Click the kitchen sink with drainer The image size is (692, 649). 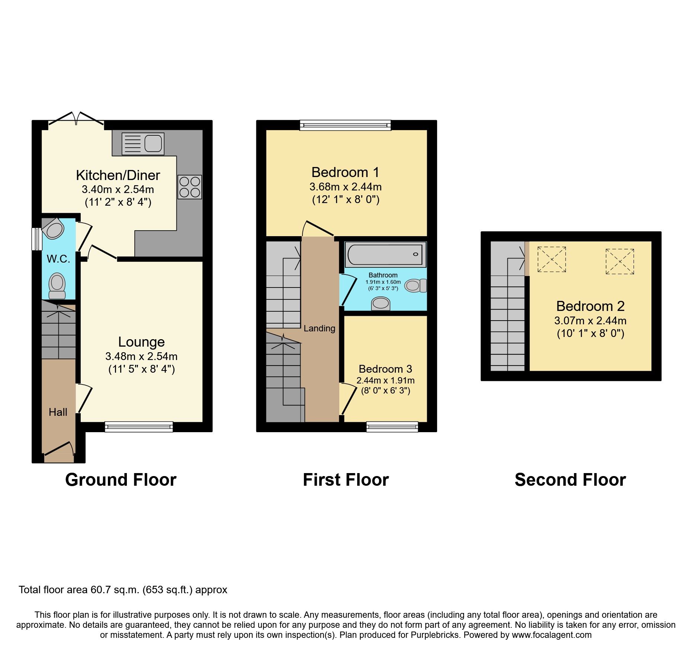pos(143,144)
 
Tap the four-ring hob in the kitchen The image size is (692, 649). pos(190,187)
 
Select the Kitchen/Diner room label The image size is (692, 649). pos(118,175)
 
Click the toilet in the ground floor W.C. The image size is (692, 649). pos(57,286)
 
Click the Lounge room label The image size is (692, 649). pos(141,342)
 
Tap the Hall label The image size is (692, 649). pos(58,412)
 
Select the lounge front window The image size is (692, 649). pos(139,427)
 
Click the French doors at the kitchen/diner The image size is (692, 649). pos(76,119)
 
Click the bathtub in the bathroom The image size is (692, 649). pos(385,254)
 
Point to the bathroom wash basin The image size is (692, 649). pos(381,303)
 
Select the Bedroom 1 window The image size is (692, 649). pos(345,125)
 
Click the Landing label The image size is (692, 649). pos(319,328)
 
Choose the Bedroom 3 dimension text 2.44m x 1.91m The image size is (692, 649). pos(385,380)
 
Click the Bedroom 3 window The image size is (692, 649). pos(392,427)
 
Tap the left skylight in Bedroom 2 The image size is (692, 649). pos(552,259)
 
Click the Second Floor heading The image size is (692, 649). pos(570,480)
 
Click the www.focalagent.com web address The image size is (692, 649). pos(552,635)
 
